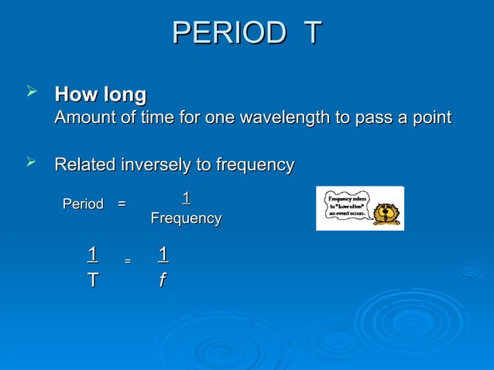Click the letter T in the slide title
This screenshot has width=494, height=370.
pos(312,33)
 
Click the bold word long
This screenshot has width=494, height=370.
pos(123,96)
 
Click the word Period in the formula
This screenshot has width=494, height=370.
pos(83,204)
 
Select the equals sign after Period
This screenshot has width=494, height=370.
pos(122,204)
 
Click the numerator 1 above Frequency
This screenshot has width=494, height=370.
pos(186,198)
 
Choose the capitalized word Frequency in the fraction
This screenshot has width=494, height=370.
pos(186,219)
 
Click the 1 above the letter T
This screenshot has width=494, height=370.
pos(92,255)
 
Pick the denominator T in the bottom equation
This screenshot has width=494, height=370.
pos(92,280)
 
